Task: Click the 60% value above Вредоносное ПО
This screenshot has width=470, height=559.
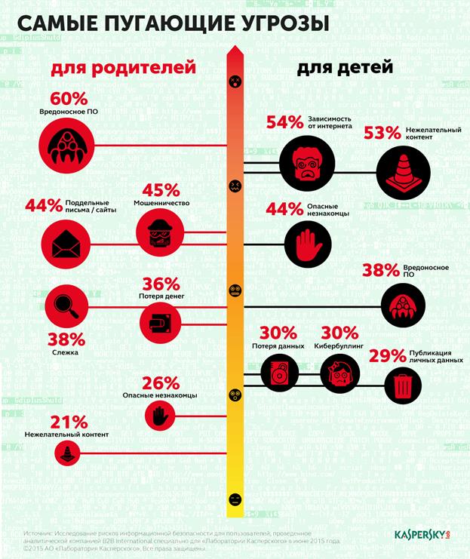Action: point(68,99)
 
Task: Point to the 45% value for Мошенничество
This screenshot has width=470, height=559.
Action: point(160,190)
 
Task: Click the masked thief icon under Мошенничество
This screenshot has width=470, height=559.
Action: point(159,234)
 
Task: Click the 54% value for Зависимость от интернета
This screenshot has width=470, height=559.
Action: point(284,121)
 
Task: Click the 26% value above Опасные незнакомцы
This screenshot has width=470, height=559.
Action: point(161,382)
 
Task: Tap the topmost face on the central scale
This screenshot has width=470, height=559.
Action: point(235,80)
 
